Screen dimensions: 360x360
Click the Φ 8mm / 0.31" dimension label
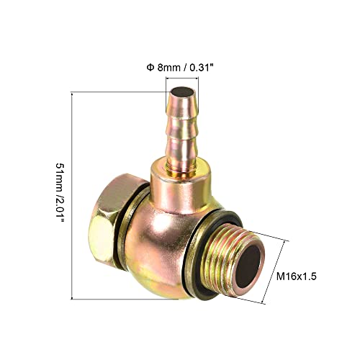(180, 68)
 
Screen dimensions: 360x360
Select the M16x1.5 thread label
(297, 276)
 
